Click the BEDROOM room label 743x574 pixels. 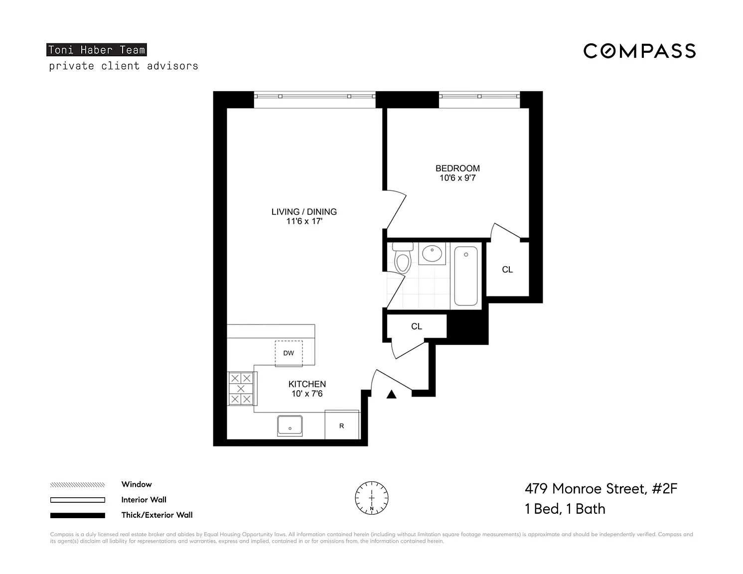(457, 168)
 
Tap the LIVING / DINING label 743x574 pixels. (304, 212)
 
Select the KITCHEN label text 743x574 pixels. (307, 384)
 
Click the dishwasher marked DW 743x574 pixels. (289, 353)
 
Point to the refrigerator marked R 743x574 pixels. (341, 425)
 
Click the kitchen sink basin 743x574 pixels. (290, 426)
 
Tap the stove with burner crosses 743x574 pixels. (241, 389)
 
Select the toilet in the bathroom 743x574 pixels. (403, 258)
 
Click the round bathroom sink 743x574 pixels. (432, 254)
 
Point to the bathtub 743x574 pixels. (466, 276)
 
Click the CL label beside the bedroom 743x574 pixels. (507, 270)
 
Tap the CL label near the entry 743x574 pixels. (417, 326)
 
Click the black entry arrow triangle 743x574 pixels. (391, 395)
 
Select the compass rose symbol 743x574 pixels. (372, 498)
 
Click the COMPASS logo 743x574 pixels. (639, 51)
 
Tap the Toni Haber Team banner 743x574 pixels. (96, 50)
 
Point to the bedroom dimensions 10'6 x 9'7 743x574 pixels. (457, 178)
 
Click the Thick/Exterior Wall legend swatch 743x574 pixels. (78, 515)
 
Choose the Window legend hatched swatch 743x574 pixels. (78, 484)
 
